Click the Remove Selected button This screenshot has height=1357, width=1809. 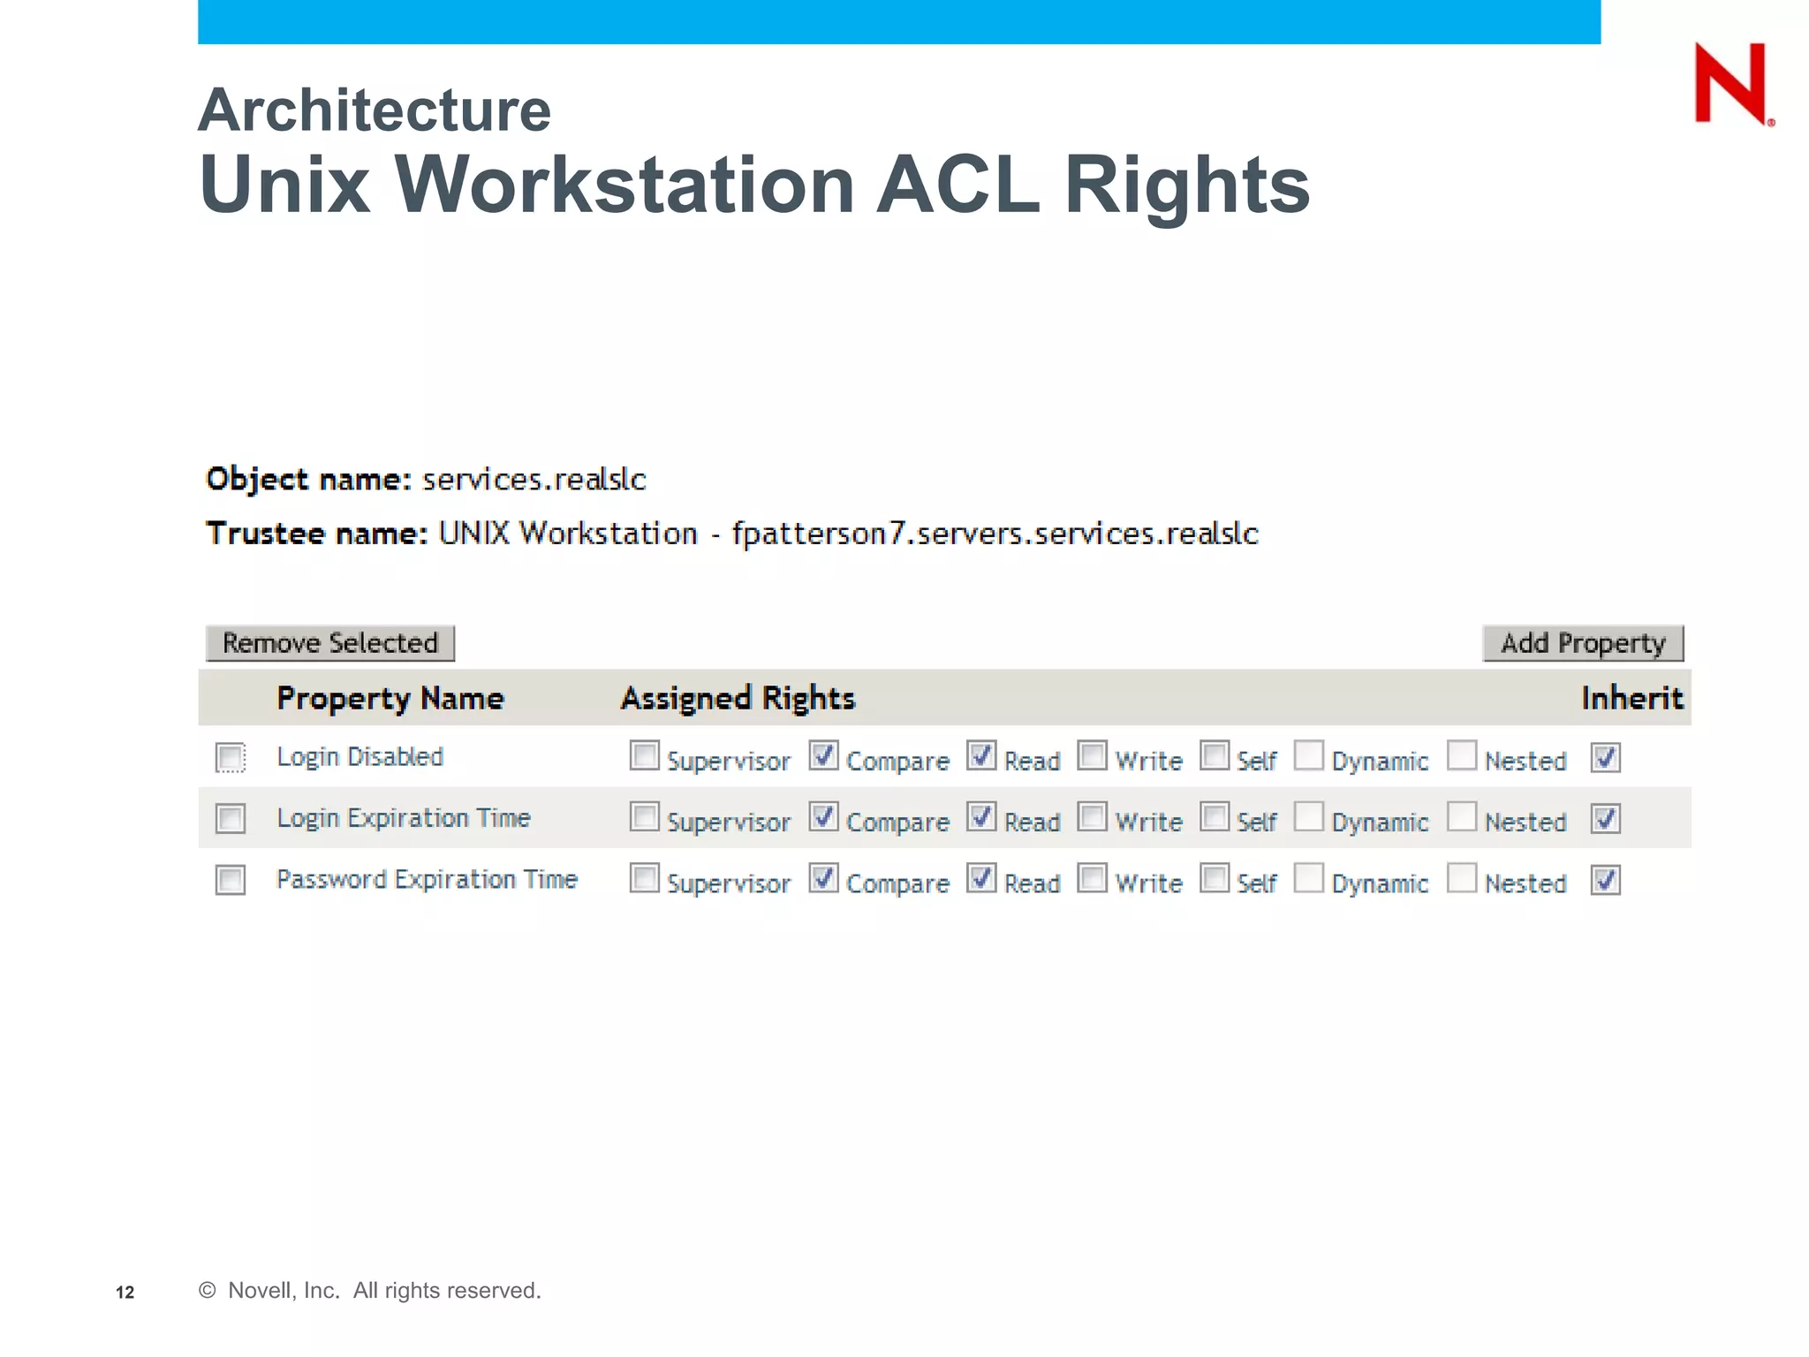pyautogui.click(x=330, y=642)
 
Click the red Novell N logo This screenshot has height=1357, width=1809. pyautogui.click(x=1731, y=84)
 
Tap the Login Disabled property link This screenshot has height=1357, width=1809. pyautogui.click(x=360, y=756)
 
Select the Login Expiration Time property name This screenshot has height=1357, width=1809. pyautogui.click(x=403, y=818)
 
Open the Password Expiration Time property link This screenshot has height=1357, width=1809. pyautogui.click(x=427, y=879)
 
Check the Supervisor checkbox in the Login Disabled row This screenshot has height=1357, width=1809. pyautogui.click(x=644, y=755)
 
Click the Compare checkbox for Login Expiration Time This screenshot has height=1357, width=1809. pyautogui.click(x=823, y=817)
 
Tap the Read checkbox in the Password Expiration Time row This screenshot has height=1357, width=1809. pyautogui.click(x=981, y=878)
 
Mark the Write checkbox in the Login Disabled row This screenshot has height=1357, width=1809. pyautogui.click(x=1092, y=755)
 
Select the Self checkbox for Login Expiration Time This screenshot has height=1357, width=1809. pyautogui.click(x=1215, y=817)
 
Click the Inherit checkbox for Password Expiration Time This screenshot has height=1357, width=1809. pyautogui.click(x=1605, y=880)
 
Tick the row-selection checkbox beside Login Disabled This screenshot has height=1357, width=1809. pyautogui.click(x=231, y=757)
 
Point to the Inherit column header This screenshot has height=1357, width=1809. pyautogui.click(x=1631, y=698)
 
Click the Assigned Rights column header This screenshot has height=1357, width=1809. pyautogui.click(x=738, y=698)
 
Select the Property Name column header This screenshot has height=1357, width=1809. pyautogui.click(x=390, y=698)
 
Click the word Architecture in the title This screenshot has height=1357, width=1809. pyautogui.click(x=375, y=110)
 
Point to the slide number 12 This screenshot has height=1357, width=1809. pyautogui.click(x=125, y=1292)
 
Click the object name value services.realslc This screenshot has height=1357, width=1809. pyautogui.click(x=534, y=479)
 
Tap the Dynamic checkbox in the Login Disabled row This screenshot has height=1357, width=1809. pyautogui.click(x=1308, y=755)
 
